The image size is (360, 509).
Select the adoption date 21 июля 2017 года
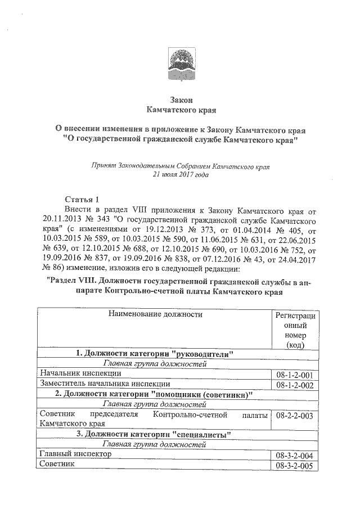[x=181, y=174]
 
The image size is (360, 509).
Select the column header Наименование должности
[x=154, y=315]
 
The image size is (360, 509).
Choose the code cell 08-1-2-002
[x=295, y=384]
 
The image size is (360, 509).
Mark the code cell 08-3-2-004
[x=295, y=455]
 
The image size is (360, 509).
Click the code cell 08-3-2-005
[x=295, y=465]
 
